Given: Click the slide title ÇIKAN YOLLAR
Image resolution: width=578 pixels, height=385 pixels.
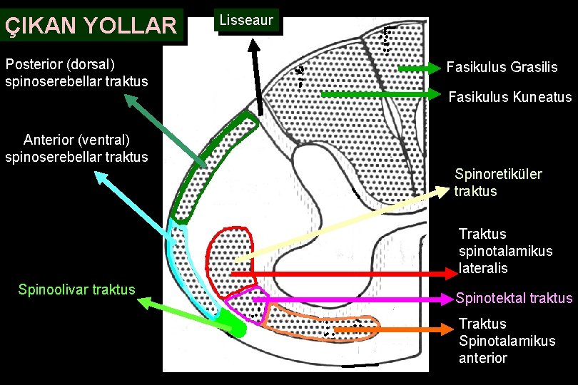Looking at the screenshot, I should [x=91, y=26].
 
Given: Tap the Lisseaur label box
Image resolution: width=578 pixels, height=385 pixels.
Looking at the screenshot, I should [x=246, y=21].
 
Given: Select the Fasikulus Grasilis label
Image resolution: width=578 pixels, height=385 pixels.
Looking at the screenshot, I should [x=502, y=68].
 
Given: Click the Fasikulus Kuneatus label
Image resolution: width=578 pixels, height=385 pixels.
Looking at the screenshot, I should [x=509, y=97].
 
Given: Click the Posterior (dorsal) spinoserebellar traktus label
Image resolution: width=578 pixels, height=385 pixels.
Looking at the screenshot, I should [x=76, y=73].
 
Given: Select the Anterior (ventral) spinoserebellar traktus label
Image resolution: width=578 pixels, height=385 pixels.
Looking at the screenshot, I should [x=76, y=148].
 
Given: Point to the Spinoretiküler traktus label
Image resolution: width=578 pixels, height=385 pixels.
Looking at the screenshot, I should [x=498, y=183].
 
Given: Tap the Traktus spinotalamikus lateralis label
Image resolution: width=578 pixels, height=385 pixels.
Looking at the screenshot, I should [x=505, y=251].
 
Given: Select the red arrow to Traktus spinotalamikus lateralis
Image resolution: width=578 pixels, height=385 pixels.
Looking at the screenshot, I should [x=343, y=274].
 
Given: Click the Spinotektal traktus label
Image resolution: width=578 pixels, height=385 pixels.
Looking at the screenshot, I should [x=514, y=298].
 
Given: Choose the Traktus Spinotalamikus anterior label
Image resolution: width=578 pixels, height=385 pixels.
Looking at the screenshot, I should [x=507, y=341].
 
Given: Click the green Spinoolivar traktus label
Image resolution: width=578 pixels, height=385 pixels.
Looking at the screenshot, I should [x=76, y=289].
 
